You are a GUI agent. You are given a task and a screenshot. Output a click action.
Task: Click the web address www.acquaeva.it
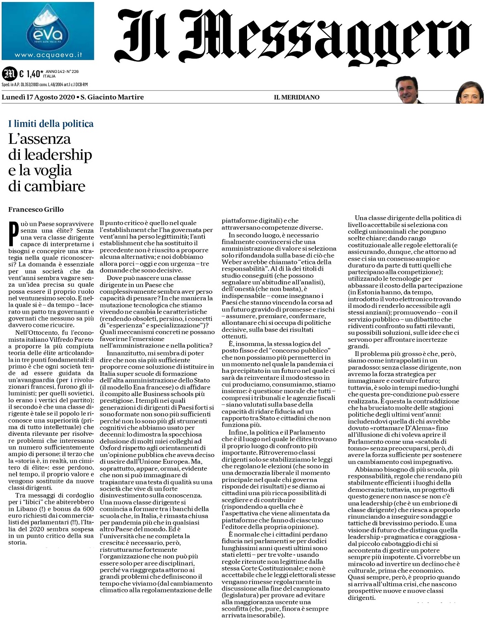(48, 54)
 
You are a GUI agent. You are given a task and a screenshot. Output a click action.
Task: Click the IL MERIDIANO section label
(296, 97)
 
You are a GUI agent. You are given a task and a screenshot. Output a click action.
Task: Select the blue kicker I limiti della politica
(51, 123)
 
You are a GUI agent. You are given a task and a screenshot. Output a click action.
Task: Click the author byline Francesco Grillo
(36, 209)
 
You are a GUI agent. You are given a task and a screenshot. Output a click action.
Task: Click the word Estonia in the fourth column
(366, 292)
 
